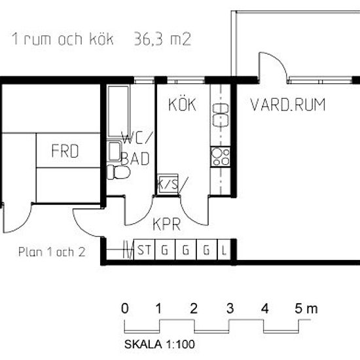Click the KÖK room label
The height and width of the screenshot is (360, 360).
tap(181, 105)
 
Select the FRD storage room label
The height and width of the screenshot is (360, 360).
tap(65, 152)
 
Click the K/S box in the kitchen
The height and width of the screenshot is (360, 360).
tap(168, 185)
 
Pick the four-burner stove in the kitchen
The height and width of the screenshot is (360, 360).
tap(221, 156)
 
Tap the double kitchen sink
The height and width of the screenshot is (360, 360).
tap(221, 115)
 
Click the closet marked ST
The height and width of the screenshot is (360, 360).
tap(144, 250)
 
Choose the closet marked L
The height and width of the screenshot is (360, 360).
tap(224, 250)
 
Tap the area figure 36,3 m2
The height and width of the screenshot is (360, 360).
tap(162, 39)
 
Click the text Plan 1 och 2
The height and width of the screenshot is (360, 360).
tap(52, 251)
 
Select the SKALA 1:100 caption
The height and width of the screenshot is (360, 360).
tap(160, 342)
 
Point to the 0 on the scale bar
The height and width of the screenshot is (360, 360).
tap(124, 308)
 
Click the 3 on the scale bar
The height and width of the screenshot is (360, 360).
tap(230, 308)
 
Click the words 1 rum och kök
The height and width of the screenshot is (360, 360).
tap(63, 39)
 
